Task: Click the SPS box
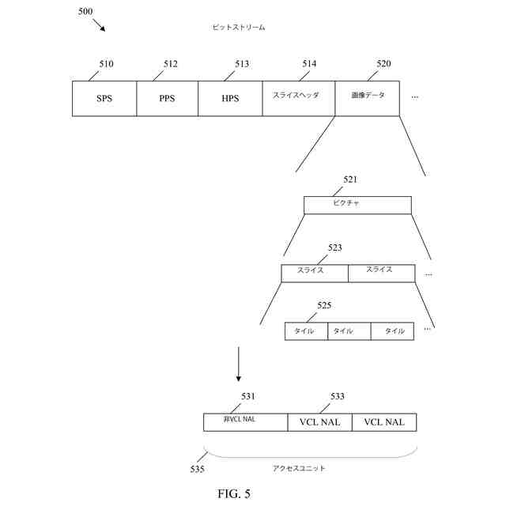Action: click(x=104, y=98)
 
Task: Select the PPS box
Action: click(x=167, y=98)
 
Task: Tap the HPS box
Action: click(x=230, y=98)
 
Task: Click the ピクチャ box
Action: click(x=357, y=205)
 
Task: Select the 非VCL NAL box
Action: click(x=245, y=421)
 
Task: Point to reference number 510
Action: click(x=106, y=64)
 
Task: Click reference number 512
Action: click(x=171, y=64)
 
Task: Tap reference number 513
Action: click(x=242, y=64)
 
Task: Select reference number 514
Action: click(x=310, y=64)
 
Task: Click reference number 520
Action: click(x=383, y=64)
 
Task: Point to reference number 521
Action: click(x=350, y=179)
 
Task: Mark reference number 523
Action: click(x=334, y=247)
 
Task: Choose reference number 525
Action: click(x=324, y=305)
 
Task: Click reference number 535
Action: click(x=197, y=469)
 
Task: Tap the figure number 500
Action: click(x=85, y=11)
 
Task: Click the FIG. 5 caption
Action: click(x=234, y=494)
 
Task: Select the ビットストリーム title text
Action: click(x=240, y=28)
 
